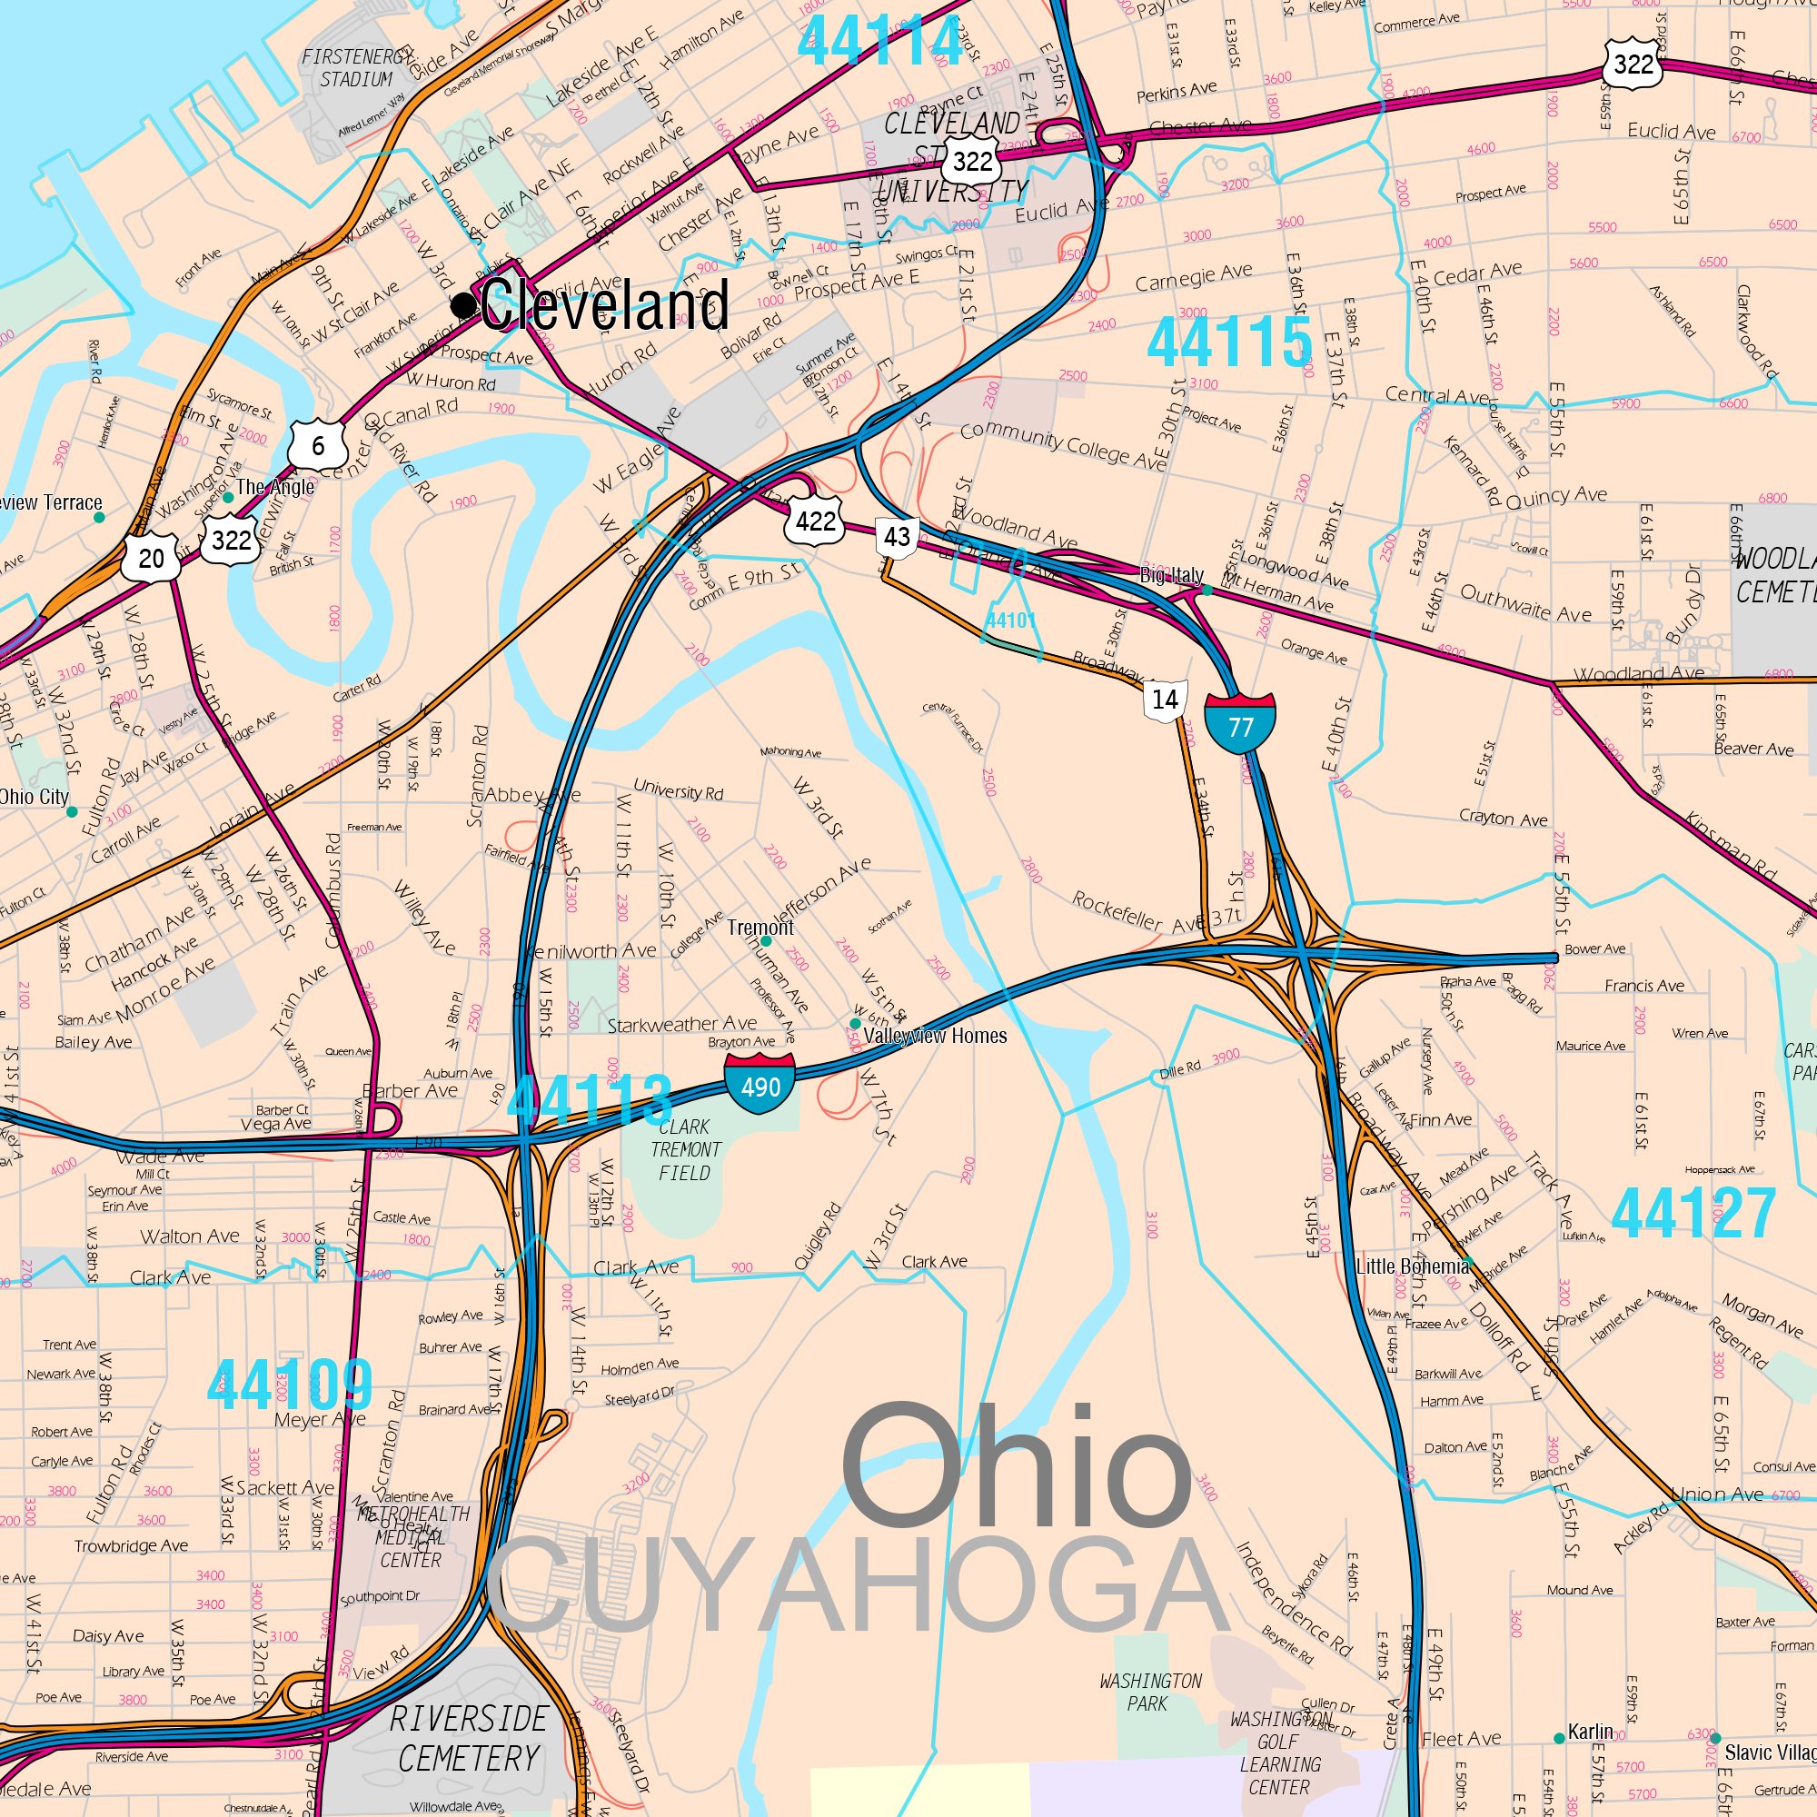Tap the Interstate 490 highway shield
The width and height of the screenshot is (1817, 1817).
coord(759,1084)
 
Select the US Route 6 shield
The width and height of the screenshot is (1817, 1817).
coord(318,445)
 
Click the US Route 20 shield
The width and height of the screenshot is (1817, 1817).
coord(151,558)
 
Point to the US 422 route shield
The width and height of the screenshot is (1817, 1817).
coord(814,520)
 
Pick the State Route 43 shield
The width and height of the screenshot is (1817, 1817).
coord(897,537)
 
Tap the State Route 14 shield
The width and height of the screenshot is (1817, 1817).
coord(1165,700)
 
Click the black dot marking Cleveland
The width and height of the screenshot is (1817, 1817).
coord(462,305)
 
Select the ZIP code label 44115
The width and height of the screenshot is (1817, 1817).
coord(1229,343)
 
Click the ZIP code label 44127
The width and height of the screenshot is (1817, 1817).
coord(1693,1213)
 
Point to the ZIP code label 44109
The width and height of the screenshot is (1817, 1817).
coord(290,1385)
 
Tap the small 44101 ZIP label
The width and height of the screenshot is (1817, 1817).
coord(1010,621)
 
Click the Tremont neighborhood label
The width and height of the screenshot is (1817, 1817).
coord(760,928)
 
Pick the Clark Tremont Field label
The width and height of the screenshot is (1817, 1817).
coord(686,1149)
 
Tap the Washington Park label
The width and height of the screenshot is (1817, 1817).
coord(1150,1691)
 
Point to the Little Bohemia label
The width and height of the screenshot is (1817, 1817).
coord(1412,1266)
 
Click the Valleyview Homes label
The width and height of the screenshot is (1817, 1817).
coord(935,1037)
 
